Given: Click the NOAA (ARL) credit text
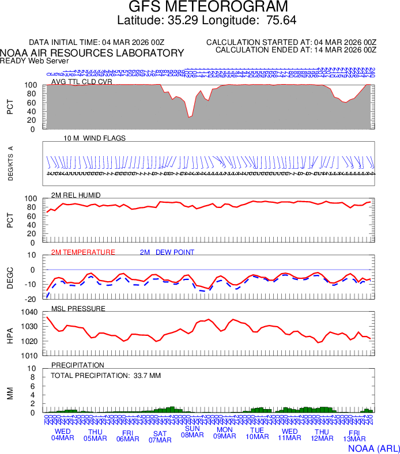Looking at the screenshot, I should pos(373,448).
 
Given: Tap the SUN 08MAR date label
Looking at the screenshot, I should pos(192,432).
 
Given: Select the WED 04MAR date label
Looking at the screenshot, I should pos(63,435).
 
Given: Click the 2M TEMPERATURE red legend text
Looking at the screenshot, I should pos(83,252).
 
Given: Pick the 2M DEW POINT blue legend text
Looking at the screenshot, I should pos(167,252).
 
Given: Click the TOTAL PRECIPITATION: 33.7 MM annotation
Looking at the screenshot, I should pos(105,376).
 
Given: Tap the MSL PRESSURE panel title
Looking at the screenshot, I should pos(78,309).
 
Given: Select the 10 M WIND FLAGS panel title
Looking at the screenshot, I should pos(95,138).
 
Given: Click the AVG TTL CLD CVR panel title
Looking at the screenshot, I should pos(82,82).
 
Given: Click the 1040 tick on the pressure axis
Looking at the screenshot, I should pos(29,312).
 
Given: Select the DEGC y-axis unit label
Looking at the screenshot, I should pos(10,277).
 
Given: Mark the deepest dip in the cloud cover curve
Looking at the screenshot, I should pos(189,117).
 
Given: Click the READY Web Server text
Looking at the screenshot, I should pos(35,60).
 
